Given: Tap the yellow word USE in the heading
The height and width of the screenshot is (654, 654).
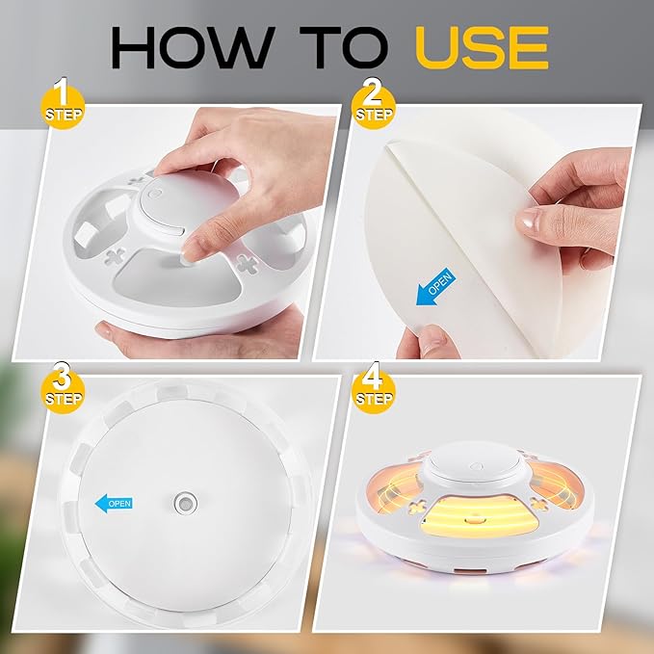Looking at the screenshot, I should pyautogui.click(x=478, y=45).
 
